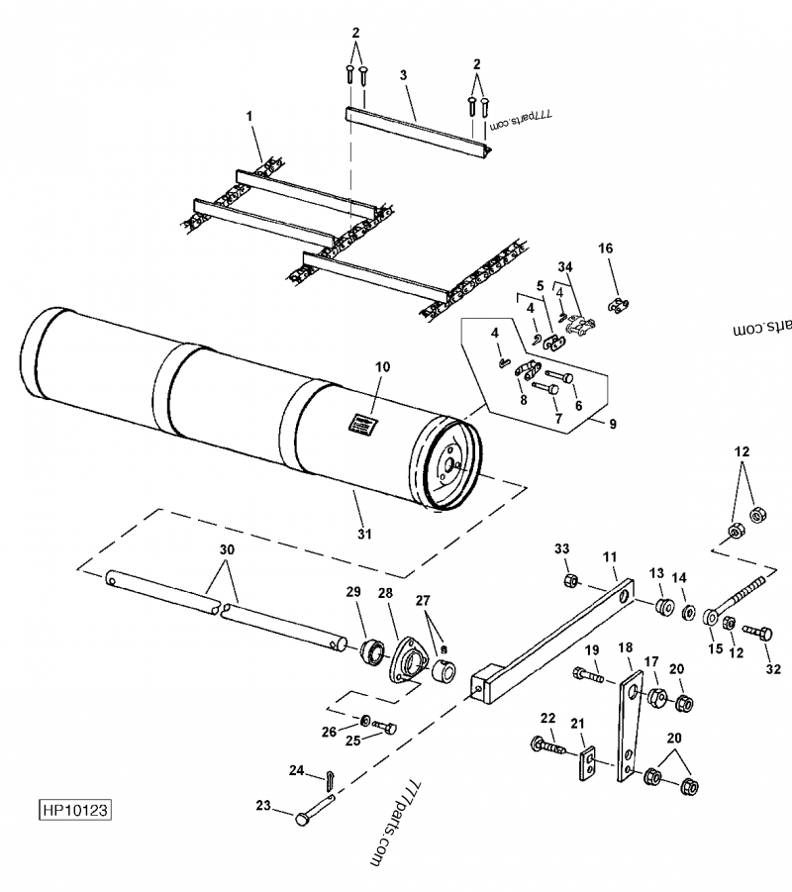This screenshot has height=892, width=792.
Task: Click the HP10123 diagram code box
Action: (74, 809)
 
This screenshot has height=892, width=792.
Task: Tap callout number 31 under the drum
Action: (364, 535)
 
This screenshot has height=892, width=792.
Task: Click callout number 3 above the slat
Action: (403, 74)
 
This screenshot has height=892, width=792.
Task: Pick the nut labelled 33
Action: (570, 579)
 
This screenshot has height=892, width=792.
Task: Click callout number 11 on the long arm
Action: (610, 557)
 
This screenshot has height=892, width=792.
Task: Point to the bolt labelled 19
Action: (590, 679)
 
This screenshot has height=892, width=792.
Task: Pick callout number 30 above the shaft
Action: (227, 550)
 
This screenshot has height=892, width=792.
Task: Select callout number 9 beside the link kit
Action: (612, 424)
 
